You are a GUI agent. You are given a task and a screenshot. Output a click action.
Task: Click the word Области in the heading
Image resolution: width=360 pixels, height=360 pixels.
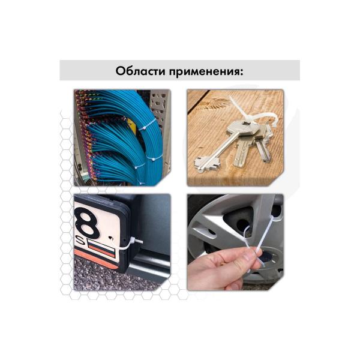click(x=140, y=71)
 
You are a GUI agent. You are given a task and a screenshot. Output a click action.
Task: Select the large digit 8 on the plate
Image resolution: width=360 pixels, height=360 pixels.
click(x=88, y=222)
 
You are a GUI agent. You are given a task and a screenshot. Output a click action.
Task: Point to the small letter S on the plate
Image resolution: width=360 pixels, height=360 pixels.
click(x=80, y=241)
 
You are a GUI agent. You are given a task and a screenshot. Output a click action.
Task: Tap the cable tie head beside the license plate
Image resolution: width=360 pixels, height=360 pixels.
click(x=133, y=242)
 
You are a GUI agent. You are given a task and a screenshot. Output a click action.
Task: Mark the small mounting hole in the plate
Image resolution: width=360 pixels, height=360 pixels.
click(x=111, y=238)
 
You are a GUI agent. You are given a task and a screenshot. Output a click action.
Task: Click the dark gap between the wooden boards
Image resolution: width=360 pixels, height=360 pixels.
click(x=199, y=100)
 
